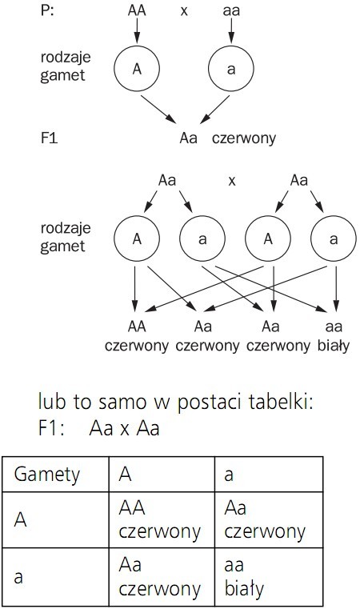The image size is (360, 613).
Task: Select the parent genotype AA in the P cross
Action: tap(137, 13)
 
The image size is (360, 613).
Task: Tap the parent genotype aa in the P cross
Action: tap(230, 13)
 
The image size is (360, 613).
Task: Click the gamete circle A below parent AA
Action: tap(137, 69)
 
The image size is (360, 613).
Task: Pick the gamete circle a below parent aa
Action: tap(232, 69)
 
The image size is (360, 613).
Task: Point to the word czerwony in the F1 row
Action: tap(244, 138)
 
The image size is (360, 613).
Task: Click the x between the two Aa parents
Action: tap(232, 181)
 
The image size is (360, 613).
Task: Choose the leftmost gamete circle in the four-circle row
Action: tap(136, 238)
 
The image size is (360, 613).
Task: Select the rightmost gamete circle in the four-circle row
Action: tap(333, 238)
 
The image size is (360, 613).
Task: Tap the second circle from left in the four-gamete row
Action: tap(202, 238)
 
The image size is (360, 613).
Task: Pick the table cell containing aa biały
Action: tap(268, 577)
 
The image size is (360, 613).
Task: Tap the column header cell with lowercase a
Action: tap(268, 475)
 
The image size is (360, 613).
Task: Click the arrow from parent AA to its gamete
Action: tap(137, 32)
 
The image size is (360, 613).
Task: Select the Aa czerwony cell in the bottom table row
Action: tap(161, 577)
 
